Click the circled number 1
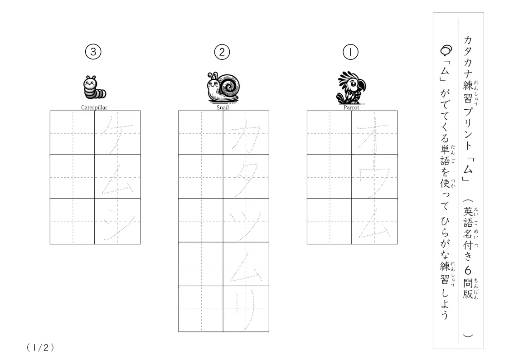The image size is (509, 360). point(350,52)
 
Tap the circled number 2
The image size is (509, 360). point(222,52)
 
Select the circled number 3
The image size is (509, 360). point(93,52)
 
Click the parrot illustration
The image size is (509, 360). point(351,88)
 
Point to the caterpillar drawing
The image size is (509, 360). point(94,87)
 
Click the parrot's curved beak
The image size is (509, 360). point(362,85)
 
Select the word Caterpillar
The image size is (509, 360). point(94,107)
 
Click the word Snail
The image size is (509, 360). point(223,107)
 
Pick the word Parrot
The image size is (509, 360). point(351,107)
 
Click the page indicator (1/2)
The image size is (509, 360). point(40,348)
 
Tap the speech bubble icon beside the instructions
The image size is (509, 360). point(446,50)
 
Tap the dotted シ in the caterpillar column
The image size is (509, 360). point(118,224)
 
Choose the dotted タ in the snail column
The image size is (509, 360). point(246,180)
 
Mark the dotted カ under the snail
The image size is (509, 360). point(245,136)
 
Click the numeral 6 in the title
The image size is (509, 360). point(468,270)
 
